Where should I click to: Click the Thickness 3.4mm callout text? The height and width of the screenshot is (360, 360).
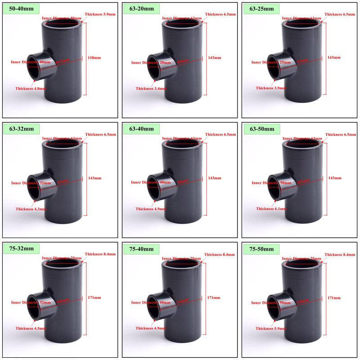point(151,88)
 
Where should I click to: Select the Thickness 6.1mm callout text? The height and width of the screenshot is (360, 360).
point(271,209)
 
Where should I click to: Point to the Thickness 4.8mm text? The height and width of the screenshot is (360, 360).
point(30,88)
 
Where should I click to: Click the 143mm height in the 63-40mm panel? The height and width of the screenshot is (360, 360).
point(215,178)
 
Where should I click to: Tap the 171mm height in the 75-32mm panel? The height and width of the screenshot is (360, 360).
point(94,298)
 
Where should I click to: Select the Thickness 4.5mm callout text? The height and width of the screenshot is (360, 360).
point(30,328)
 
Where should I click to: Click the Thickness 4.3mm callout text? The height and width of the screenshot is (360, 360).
point(30,209)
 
